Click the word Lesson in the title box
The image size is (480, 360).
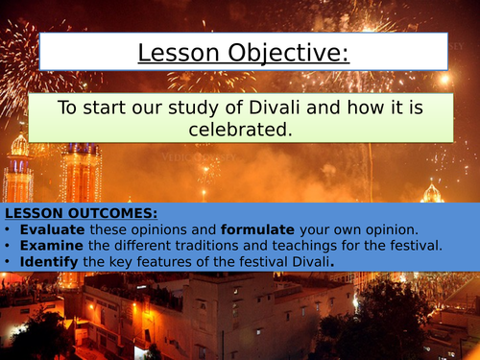(x=176, y=52)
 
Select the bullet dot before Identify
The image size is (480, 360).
(x=9, y=261)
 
